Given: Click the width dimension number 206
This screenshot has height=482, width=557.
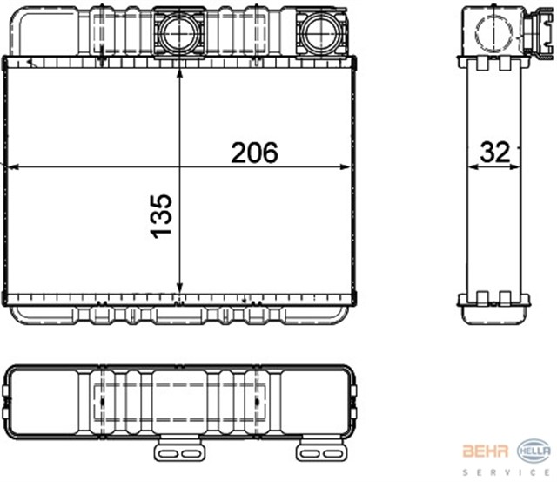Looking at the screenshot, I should coord(253,153).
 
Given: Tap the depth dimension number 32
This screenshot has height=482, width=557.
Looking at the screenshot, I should coord(493,153).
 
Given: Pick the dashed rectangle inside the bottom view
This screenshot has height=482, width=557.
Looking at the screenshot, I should coord(179,403).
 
